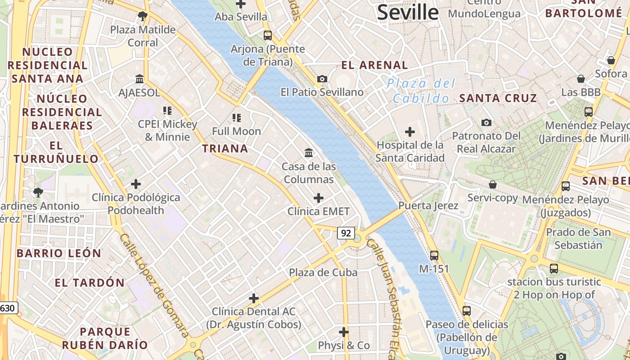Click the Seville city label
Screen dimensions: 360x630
(x=408, y=12)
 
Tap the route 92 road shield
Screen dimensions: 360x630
(x=346, y=233)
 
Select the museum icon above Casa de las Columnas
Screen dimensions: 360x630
(x=309, y=153)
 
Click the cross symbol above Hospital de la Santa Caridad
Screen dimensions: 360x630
(x=409, y=132)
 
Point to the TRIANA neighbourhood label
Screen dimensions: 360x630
(x=225, y=148)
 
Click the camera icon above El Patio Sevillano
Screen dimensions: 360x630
(x=322, y=79)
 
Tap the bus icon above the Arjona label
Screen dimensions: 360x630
(x=268, y=35)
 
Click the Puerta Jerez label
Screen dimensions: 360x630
(x=428, y=206)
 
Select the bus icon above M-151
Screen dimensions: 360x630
(x=434, y=255)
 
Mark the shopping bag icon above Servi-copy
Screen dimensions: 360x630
(x=493, y=184)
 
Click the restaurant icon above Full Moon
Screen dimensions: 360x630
(x=237, y=118)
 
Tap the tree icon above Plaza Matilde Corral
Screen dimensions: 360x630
(x=143, y=17)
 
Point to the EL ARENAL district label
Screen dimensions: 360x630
(x=374, y=65)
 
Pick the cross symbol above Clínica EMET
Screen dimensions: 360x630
(x=318, y=198)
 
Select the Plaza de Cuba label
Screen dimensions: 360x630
(x=323, y=272)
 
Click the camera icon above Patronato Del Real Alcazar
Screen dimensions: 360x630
(x=486, y=122)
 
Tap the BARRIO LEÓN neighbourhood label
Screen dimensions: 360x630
(x=59, y=253)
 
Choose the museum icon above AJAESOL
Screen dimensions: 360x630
(x=139, y=79)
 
